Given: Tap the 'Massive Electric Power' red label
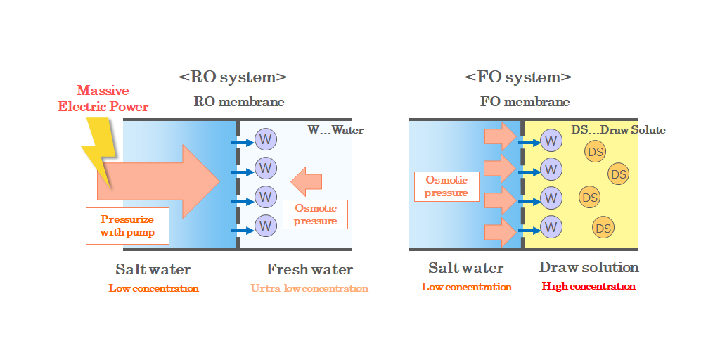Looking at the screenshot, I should point(103,98).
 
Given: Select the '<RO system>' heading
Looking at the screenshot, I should point(233,77).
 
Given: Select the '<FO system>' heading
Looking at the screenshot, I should point(518,77).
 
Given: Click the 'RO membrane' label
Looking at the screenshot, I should point(239,102).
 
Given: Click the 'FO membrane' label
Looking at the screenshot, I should point(525,102).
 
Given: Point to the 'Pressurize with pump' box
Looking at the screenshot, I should point(127,226).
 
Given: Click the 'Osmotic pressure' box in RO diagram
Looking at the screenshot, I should point(315,214).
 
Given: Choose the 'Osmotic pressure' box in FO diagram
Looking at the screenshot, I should point(446,186).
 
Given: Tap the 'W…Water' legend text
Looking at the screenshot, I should point(335,130).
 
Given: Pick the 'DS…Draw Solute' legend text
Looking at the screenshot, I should point(618,130).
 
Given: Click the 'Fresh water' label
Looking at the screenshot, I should point(309,269).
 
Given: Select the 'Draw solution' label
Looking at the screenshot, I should point(589,268).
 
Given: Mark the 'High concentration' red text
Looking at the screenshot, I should point(589,287).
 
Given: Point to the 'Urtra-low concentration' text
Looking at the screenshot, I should point(309,288).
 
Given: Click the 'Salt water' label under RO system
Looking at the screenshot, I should point(153,269).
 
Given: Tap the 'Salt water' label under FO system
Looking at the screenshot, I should point(465,268).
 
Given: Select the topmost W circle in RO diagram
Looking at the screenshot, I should point(265,139).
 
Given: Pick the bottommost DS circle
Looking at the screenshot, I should point(603,228).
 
